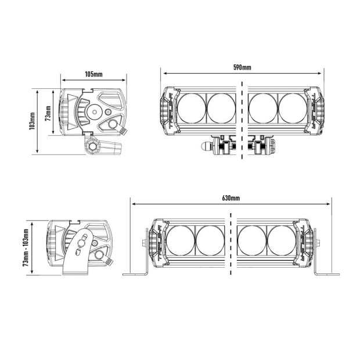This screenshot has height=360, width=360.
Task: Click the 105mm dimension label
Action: [x=93, y=75]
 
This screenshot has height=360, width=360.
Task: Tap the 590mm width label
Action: [x=243, y=67]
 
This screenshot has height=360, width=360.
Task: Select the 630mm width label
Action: [x=231, y=198]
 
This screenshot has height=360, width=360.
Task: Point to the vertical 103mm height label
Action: [x=33, y=121]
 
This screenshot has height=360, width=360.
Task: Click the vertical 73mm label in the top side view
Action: [x=48, y=111]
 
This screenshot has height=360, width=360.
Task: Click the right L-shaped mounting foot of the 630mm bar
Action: [x=326, y=270]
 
